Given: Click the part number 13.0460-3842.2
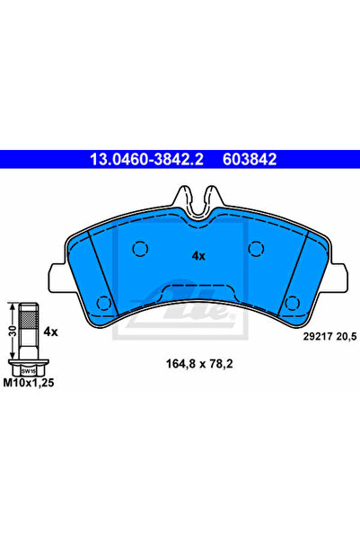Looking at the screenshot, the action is coord(146,159).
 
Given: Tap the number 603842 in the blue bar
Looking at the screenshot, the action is coord(250,159).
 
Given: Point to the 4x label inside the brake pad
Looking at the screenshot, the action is coord(198,256).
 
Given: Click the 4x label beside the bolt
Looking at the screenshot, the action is coord(50,332).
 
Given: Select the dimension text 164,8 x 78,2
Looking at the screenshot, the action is coord(199,364).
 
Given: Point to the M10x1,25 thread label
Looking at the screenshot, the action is coord(29,383).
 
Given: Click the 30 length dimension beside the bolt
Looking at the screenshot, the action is coord(13,332).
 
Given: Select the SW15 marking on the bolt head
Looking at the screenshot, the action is coord(29,372).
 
